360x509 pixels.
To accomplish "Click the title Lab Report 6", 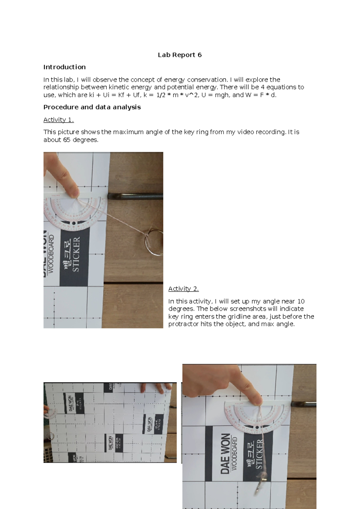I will coord(180,55).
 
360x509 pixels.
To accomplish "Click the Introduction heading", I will coord(64,67).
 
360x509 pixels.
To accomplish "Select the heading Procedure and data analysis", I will coord(92,107).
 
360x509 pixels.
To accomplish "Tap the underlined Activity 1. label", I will coord(58,120).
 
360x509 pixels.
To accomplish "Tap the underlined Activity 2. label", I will coord(183,289).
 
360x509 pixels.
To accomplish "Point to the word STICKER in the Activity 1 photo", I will coord(76,254).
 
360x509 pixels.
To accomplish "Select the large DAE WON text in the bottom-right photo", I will coord(225,453).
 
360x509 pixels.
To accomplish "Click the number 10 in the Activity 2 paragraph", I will coord(301,301).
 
